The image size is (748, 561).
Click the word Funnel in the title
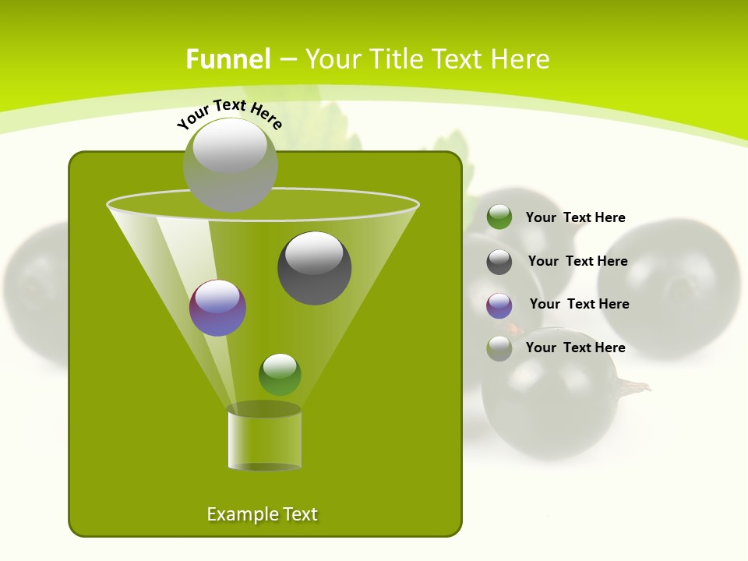[228, 59]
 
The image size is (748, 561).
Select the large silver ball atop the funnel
[230, 164]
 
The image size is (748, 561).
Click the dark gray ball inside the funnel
[314, 267]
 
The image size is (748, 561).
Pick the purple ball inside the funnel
[217, 308]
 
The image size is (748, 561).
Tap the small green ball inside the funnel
[280, 374]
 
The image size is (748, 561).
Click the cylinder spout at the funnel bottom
[264, 437]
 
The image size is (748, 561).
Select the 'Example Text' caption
[262, 514]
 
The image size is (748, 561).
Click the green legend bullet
[499, 217]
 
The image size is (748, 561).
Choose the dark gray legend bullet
[499, 262]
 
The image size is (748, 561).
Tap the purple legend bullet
[499, 305]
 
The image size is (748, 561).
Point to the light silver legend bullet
[499, 348]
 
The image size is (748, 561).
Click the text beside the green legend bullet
[575, 217]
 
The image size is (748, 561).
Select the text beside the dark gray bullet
[577, 261]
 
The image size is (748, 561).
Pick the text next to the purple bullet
[579, 304]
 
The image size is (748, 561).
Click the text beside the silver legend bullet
[575, 348]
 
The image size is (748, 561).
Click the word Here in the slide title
[521, 59]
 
